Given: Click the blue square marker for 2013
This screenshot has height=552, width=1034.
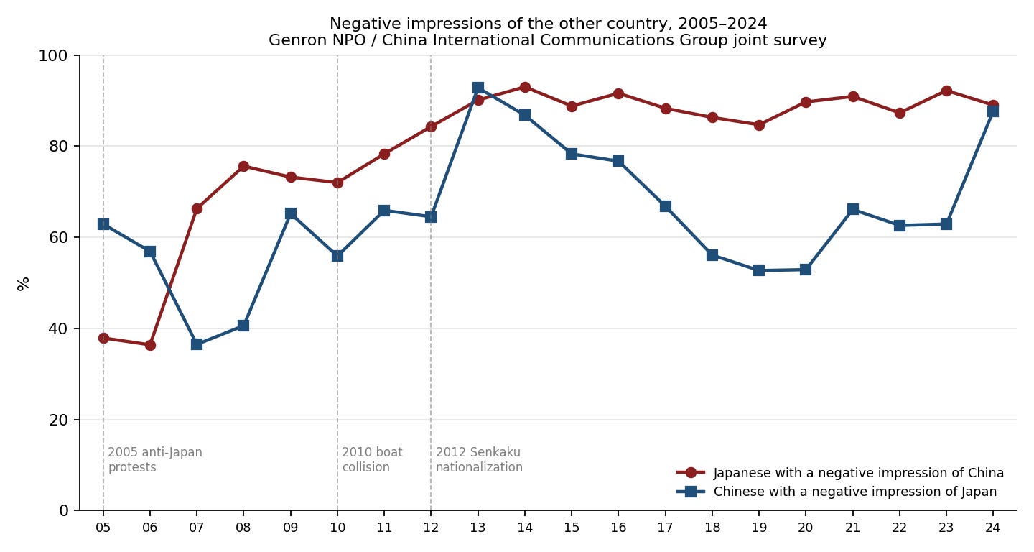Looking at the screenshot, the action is [x=478, y=88].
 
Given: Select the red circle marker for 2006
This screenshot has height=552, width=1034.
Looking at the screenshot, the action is [x=150, y=345].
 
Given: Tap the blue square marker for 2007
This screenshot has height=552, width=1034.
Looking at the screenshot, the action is [x=197, y=344].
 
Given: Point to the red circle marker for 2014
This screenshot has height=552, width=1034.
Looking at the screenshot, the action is [x=525, y=87].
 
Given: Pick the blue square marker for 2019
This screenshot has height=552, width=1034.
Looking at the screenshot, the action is [x=759, y=270].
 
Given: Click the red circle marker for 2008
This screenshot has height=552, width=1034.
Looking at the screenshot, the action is [x=243, y=166].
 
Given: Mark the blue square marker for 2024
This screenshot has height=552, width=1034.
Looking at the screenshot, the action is [x=993, y=111].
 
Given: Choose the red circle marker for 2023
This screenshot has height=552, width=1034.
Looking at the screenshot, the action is [x=946, y=91].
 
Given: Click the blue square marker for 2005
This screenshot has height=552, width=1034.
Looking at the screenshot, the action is [x=103, y=224].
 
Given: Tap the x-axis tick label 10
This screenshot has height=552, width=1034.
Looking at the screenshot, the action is [x=337, y=528].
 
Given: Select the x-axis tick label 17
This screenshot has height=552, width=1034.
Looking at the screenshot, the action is [x=665, y=528].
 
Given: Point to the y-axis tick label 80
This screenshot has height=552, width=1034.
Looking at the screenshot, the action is [x=58, y=147].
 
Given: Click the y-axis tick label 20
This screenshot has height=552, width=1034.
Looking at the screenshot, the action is [x=58, y=420].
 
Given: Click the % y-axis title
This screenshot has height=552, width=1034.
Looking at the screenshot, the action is [x=23, y=284].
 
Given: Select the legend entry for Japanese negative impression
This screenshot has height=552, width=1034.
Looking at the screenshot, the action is [x=840, y=473].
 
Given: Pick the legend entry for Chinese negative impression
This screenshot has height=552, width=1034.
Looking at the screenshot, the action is [x=837, y=492].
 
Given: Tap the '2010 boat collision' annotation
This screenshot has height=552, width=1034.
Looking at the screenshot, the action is [x=372, y=459].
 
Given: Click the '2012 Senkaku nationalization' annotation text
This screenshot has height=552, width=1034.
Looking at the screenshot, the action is [x=479, y=459].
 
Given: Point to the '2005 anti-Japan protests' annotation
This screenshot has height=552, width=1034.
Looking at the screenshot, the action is [x=155, y=459].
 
